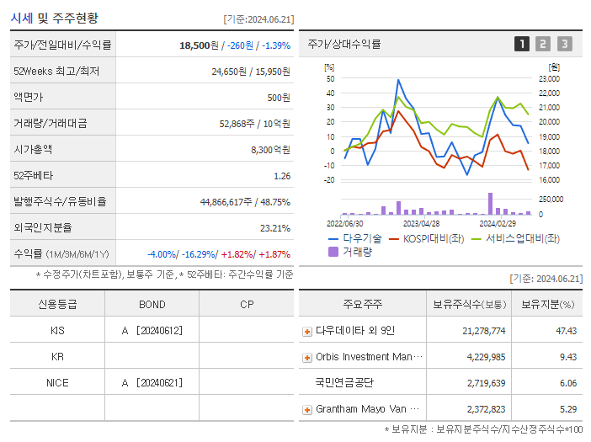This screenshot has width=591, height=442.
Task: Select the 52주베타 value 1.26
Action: tap(282, 176)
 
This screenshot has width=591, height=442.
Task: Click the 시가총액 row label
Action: tap(33, 149)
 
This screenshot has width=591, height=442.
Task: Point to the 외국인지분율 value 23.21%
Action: tap(275, 228)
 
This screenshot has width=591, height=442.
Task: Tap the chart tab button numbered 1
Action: tap(522, 44)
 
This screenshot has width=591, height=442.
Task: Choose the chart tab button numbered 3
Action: tap(564, 44)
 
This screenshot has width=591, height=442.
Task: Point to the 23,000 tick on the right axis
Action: tap(549, 78)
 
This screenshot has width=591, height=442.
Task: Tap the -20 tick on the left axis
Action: tap(329, 180)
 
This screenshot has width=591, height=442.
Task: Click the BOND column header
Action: tap(152, 304)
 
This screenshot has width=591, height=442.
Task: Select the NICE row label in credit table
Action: tap(57, 382)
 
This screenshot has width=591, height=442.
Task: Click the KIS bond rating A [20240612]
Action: tap(152, 330)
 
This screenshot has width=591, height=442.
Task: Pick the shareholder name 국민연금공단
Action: tap(343, 382)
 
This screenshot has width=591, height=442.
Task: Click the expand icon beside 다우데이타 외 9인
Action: tap(306, 331)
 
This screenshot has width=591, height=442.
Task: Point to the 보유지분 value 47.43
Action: tap(566, 331)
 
